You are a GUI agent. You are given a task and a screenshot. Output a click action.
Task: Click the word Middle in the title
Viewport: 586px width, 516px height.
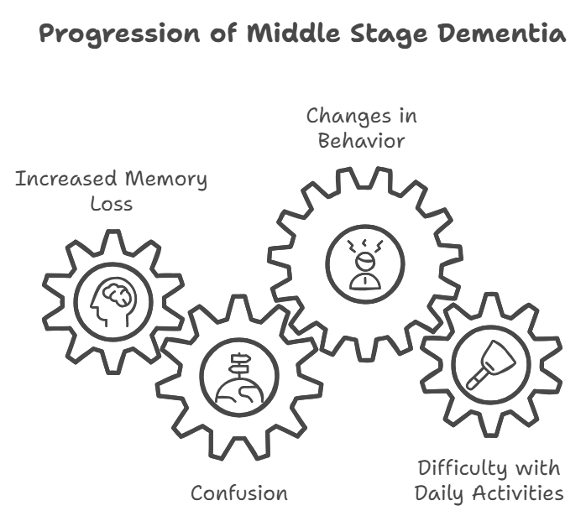coord(287,34)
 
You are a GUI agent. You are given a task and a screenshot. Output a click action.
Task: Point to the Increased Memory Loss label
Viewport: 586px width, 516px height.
coord(111,190)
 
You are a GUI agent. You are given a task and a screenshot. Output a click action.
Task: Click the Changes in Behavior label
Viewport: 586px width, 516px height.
coord(361,128)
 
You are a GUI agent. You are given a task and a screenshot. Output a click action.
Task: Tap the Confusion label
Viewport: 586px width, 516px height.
coord(238,493)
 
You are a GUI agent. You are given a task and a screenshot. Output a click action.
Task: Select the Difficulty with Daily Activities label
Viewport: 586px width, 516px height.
coord(489,479)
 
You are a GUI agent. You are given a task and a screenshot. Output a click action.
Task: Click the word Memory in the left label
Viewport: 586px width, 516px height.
coord(165,179)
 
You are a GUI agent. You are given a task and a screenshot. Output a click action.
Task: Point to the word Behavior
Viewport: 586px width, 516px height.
coord(361,140)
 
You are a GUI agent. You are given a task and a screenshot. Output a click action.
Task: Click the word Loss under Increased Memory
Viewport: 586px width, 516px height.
coord(111,203)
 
